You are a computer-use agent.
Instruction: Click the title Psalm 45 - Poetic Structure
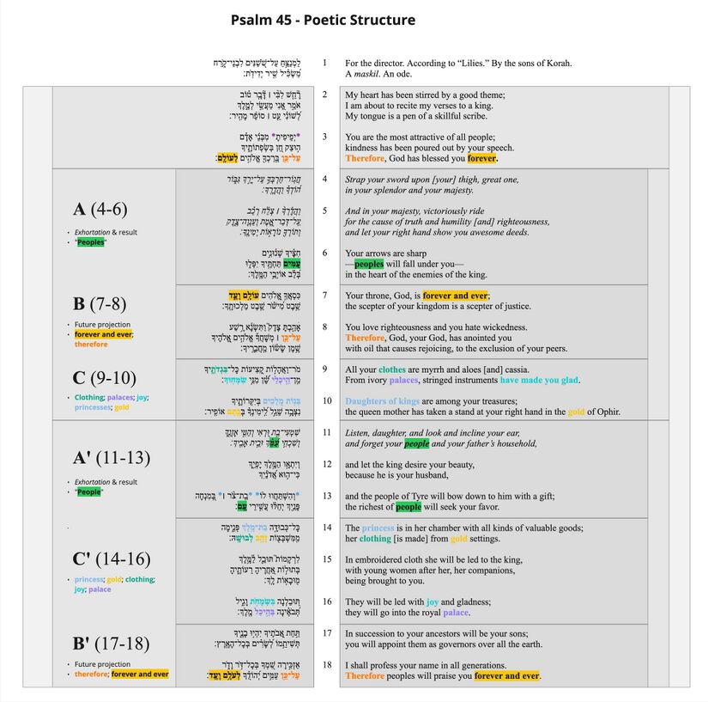[x=323, y=20]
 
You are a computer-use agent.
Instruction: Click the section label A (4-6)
[x=100, y=210]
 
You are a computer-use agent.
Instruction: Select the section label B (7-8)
[x=100, y=303]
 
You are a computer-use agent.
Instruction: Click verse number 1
[x=324, y=63]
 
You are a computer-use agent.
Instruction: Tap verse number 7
[x=324, y=295]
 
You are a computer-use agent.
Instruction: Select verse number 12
[x=325, y=464]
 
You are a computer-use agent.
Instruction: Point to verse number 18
[x=325, y=664]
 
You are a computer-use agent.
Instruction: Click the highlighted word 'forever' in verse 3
[x=482, y=158]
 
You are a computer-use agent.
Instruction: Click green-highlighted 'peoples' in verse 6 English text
[x=369, y=264]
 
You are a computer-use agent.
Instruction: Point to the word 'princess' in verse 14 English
[x=378, y=528]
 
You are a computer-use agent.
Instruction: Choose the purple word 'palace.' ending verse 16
[x=456, y=613]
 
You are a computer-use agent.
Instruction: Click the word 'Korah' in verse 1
[x=557, y=63]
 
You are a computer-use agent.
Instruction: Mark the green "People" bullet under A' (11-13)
[x=89, y=492]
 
